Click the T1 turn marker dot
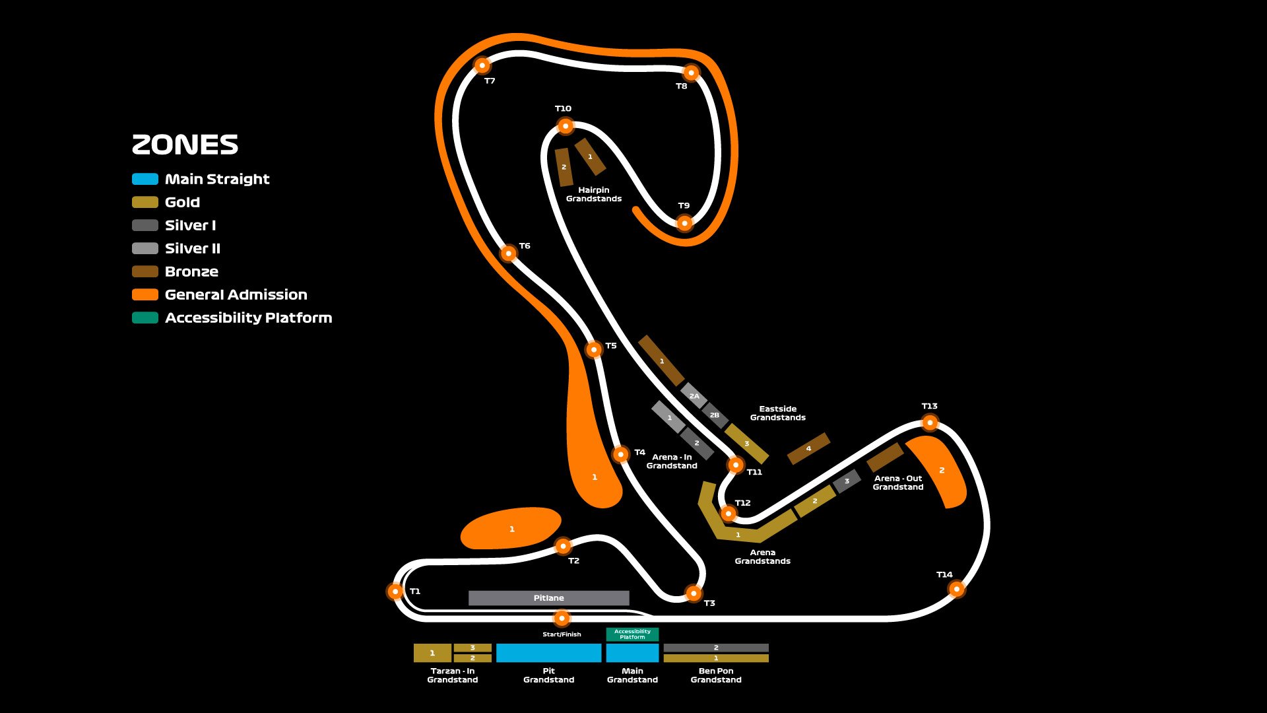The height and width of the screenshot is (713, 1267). tap(395, 591)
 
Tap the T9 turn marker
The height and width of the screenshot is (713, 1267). tap(684, 223)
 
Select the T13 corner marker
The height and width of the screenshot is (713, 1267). tap(929, 422)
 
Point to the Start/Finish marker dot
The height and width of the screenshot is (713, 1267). tap(561, 618)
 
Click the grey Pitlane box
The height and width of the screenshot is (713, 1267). tap(548, 598)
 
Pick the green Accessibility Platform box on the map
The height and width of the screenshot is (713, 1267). tap(632, 634)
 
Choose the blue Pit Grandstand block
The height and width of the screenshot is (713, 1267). tap(548, 653)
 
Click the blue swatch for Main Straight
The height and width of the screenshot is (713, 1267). tap(145, 179)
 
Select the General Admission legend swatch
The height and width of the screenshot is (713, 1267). tap(145, 294)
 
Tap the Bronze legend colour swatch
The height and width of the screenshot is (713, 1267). tap(145, 271)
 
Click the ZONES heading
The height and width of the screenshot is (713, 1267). tap(185, 145)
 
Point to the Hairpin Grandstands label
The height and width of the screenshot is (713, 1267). tap(593, 194)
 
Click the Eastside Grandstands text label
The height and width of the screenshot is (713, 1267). tap(777, 413)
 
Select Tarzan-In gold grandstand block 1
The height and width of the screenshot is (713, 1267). tap(432, 653)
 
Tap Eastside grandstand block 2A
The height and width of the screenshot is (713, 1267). tap(694, 396)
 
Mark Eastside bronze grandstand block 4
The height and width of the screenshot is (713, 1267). tap(808, 448)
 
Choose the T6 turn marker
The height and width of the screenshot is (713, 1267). tap(508, 253)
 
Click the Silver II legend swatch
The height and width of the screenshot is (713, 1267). tap(145, 248)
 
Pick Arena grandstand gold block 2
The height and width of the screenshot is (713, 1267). tap(815, 502)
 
